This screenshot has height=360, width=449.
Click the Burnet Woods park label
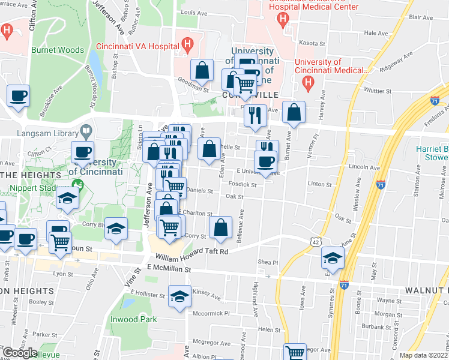58,50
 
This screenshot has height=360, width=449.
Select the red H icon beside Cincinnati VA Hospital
188,44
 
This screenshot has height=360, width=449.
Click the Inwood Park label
133,319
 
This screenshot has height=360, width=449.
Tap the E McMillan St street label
168,270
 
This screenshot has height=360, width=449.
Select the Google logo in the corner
19,352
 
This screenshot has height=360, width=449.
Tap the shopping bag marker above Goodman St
202,71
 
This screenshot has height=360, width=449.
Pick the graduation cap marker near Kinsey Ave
179,297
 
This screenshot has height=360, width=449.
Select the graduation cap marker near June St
331,257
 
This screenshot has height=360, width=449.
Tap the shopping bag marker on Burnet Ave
294,112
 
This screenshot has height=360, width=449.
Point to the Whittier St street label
378,91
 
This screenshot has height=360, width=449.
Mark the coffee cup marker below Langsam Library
82,152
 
